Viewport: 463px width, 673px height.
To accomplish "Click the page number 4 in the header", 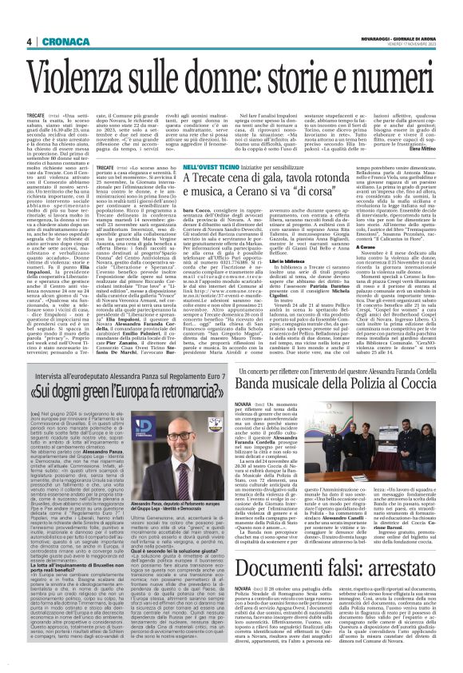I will tap(28, 42).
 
